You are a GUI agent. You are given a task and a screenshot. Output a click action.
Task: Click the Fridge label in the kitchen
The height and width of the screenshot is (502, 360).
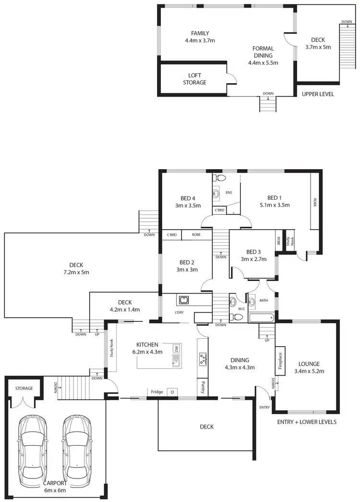(x=157, y=392)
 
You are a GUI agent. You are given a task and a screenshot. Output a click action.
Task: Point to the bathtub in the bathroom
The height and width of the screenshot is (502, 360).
(x=261, y=318)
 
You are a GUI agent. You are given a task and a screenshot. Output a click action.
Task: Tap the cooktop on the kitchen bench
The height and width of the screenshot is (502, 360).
(x=203, y=358)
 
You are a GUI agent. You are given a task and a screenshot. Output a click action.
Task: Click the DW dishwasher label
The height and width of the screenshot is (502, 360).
(x=177, y=348)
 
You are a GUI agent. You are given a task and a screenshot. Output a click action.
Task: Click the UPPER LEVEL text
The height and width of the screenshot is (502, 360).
(x=318, y=94)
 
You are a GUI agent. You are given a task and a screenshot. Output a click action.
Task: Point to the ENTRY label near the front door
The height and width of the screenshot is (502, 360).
(x=264, y=407)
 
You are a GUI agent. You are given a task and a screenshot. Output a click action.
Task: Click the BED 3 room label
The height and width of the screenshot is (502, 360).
(x=253, y=255)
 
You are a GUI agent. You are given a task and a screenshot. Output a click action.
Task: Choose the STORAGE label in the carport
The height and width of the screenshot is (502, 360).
(x=24, y=388)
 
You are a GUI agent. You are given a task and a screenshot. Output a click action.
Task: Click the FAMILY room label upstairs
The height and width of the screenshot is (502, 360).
(x=200, y=37)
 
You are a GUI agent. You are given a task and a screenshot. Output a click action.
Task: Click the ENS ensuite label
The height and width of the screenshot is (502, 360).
(x=228, y=193)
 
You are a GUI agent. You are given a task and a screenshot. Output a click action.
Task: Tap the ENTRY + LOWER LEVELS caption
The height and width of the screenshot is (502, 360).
(x=307, y=422)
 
